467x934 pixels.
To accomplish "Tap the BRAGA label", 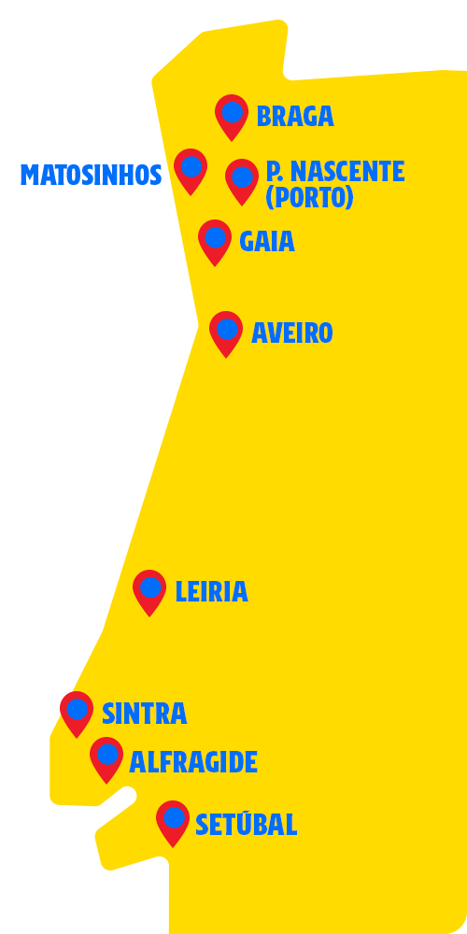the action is point(295,116).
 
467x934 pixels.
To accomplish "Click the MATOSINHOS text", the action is point(92,176).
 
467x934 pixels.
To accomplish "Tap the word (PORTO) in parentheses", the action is point(310,197).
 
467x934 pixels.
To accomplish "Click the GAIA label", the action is point(267,241).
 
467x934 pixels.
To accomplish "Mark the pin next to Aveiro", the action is point(226,333).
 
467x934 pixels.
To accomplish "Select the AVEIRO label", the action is point(291,333).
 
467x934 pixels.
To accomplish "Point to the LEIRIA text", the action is point(211,591).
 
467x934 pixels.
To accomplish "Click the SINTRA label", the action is point(145,714).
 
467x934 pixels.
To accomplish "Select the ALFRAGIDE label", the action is point(193,762).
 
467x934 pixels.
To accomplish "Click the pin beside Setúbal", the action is point(173,823).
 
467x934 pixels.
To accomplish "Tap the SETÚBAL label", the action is point(246,824).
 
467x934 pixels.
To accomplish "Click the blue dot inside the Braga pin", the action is point(233,112).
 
